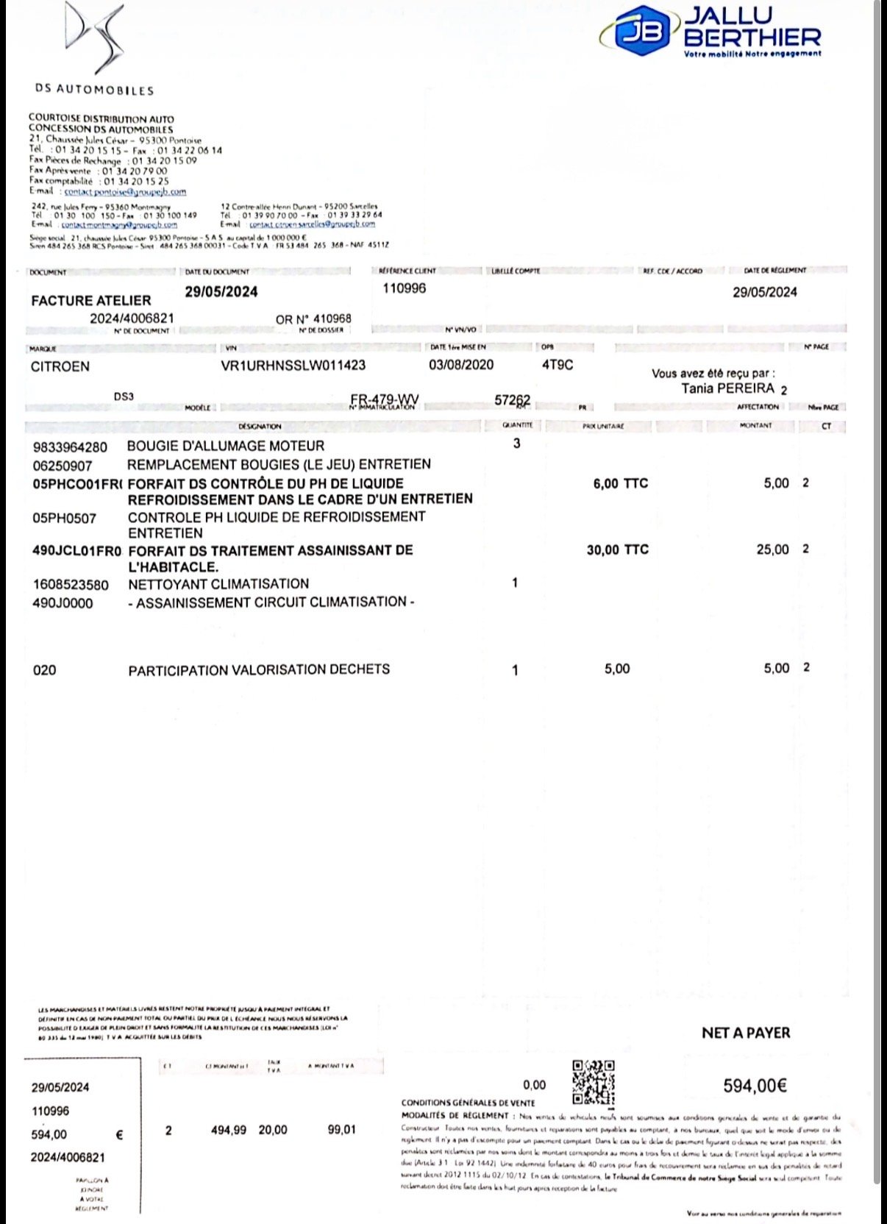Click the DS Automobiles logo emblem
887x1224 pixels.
94,37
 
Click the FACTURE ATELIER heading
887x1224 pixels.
91,300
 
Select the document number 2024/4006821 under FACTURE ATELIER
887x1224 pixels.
132,319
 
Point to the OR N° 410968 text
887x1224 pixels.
313,319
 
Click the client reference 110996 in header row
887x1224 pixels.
404,288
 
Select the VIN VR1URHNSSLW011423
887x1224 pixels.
293,366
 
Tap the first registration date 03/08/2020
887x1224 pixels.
461,365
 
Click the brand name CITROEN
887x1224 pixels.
60,366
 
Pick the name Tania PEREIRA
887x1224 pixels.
727,388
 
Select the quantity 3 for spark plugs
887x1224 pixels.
516,444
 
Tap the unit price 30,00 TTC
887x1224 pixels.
617,549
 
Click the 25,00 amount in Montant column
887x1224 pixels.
772,549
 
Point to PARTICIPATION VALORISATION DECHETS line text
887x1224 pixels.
259,670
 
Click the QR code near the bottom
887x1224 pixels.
593,1082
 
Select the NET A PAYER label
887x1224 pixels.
745,1033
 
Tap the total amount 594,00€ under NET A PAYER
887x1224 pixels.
755,1086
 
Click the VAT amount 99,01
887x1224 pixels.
341,1130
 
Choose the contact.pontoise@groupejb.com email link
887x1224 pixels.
125,191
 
